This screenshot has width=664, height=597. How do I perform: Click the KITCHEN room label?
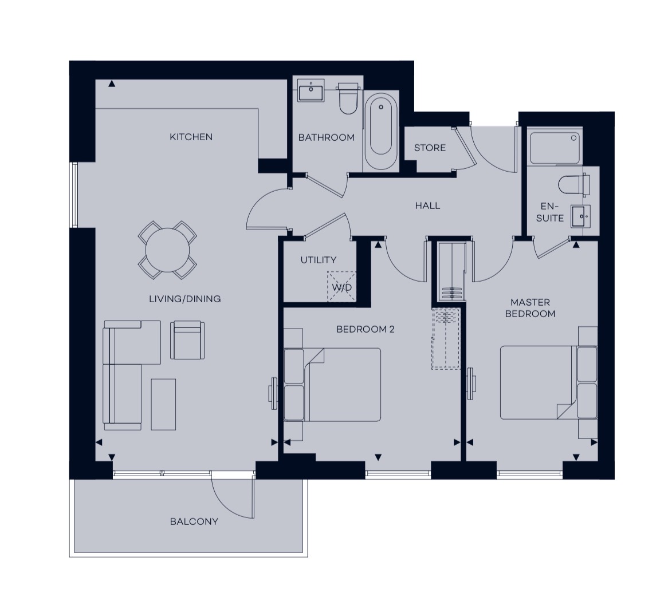point(191,137)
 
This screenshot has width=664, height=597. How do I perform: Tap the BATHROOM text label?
point(326,137)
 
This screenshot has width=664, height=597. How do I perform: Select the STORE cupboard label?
point(430,148)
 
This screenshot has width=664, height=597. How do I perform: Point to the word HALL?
point(428,205)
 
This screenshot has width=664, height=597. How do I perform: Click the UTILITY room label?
point(319,260)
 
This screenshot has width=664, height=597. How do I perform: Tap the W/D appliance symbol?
point(341,287)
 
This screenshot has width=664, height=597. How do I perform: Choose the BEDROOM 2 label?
point(366,329)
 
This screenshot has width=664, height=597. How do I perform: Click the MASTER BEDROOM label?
point(530,308)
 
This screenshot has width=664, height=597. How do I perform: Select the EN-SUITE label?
point(549,212)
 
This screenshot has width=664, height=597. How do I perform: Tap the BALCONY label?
point(194,521)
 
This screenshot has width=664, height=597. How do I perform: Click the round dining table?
point(168,250)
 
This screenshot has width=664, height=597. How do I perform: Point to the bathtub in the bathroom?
point(381,131)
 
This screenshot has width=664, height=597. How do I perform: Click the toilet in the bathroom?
point(348,100)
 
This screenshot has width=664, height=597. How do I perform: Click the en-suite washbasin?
point(580,216)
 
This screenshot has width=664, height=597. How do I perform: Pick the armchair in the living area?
point(187,340)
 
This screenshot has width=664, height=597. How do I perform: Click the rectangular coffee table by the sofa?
point(163,405)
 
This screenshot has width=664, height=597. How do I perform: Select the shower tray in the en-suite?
point(555,148)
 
